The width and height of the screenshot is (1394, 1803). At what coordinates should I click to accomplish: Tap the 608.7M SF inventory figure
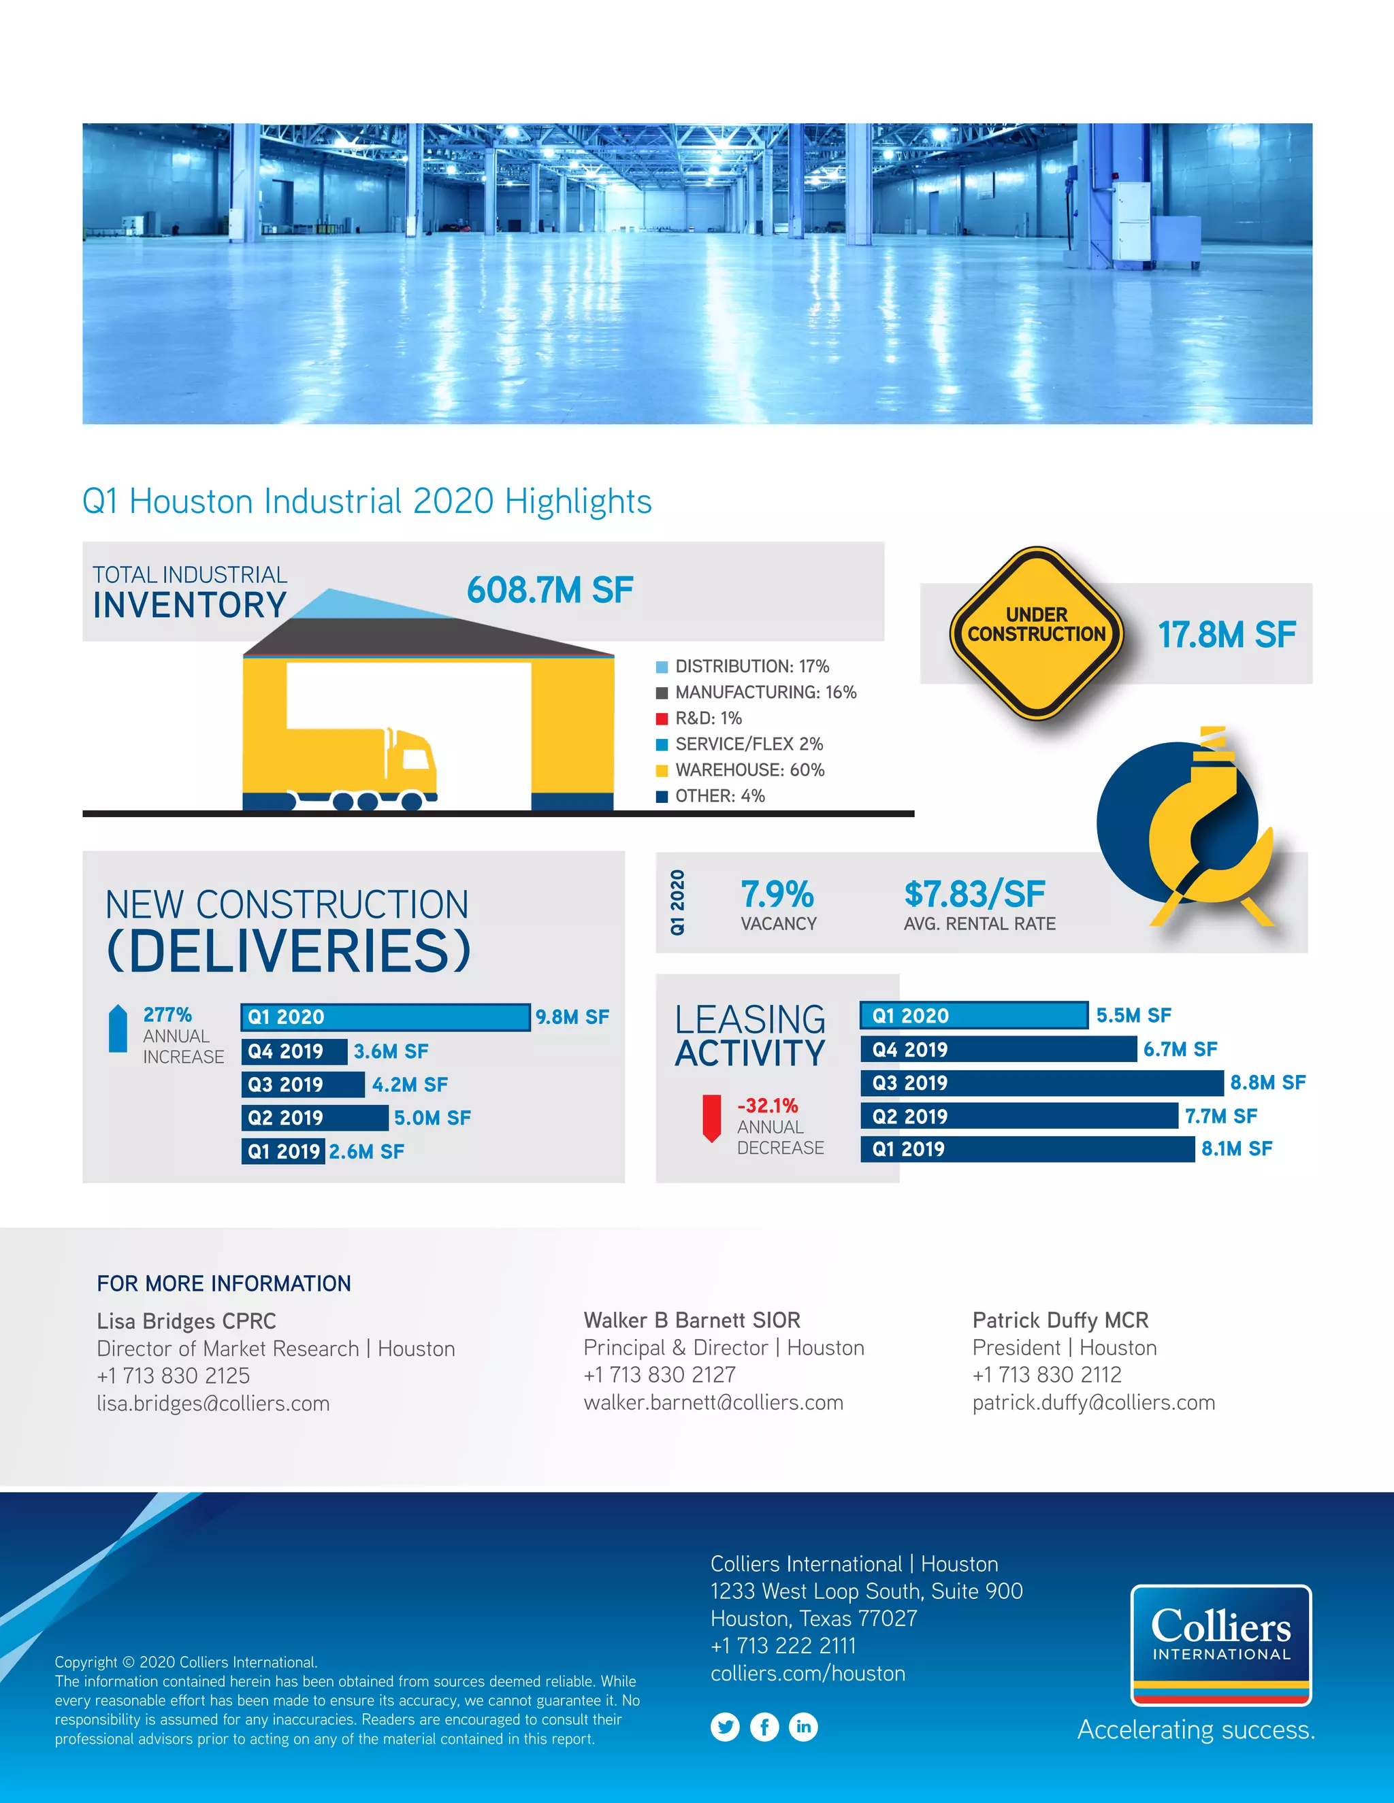click(550, 591)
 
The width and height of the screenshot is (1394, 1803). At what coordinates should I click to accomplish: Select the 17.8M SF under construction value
click(1227, 635)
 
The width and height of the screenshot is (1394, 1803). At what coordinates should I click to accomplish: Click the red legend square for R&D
click(662, 718)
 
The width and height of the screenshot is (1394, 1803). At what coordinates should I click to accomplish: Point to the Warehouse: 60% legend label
click(749, 770)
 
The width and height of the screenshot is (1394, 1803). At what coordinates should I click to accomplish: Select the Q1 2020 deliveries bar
click(385, 1017)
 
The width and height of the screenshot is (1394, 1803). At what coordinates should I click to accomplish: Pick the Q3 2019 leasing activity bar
click(1041, 1083)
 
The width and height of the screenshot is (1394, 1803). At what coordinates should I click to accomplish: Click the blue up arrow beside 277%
click(118, 1029)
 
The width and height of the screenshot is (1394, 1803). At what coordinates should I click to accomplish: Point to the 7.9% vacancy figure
click(777, 894)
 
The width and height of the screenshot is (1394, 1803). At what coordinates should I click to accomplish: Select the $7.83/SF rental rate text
click(975, 894)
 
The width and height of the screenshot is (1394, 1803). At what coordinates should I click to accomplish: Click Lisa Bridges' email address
click(213, 1404)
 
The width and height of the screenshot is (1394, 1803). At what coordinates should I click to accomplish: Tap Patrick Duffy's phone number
click(1046, 1374)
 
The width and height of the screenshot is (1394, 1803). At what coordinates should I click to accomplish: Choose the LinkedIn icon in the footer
click(804, 1726)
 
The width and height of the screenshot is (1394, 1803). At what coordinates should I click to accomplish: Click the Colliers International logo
click(1220, 1644)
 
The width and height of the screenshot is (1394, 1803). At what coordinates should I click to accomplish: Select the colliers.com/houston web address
click(808, 1674)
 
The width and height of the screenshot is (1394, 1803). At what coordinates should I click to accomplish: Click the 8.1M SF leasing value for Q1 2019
click(1236, 1149)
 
